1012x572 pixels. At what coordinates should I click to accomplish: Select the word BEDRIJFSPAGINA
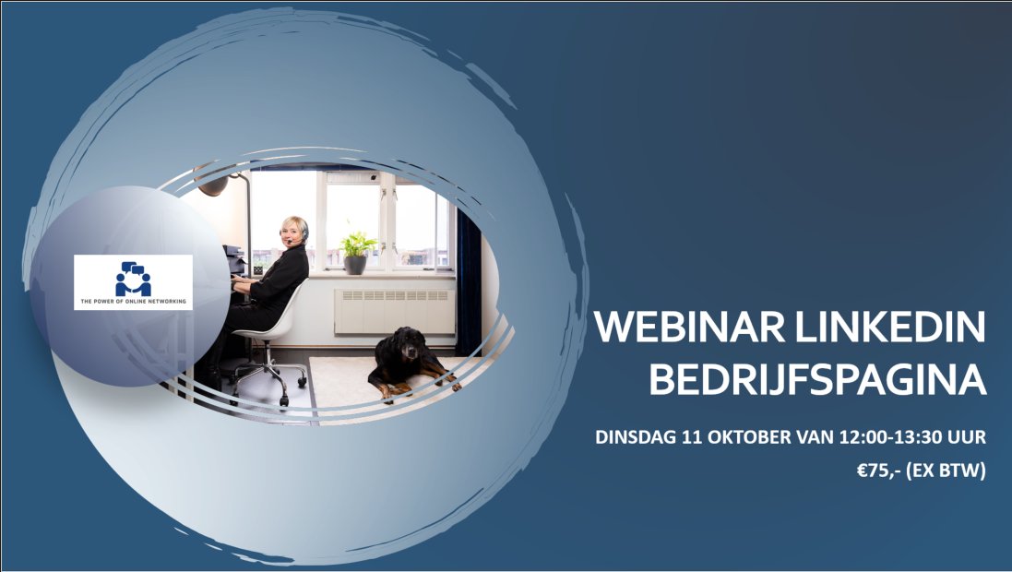coord(817,380)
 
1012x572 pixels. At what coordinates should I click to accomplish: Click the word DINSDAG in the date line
coord(634,437)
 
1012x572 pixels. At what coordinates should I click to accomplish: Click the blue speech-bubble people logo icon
coord(133,279)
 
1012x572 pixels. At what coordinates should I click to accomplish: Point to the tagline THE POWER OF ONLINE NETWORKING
coord(133,302)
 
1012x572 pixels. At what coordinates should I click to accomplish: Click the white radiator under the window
coord(394,311)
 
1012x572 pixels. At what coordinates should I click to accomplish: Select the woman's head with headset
coord(294,230)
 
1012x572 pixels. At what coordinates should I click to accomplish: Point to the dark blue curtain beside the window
coord(468,277)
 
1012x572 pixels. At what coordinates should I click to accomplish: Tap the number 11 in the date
coord(691,437)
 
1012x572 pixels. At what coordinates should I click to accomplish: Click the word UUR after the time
coord(969,437)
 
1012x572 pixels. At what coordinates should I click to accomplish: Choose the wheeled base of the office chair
coord(268,378)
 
